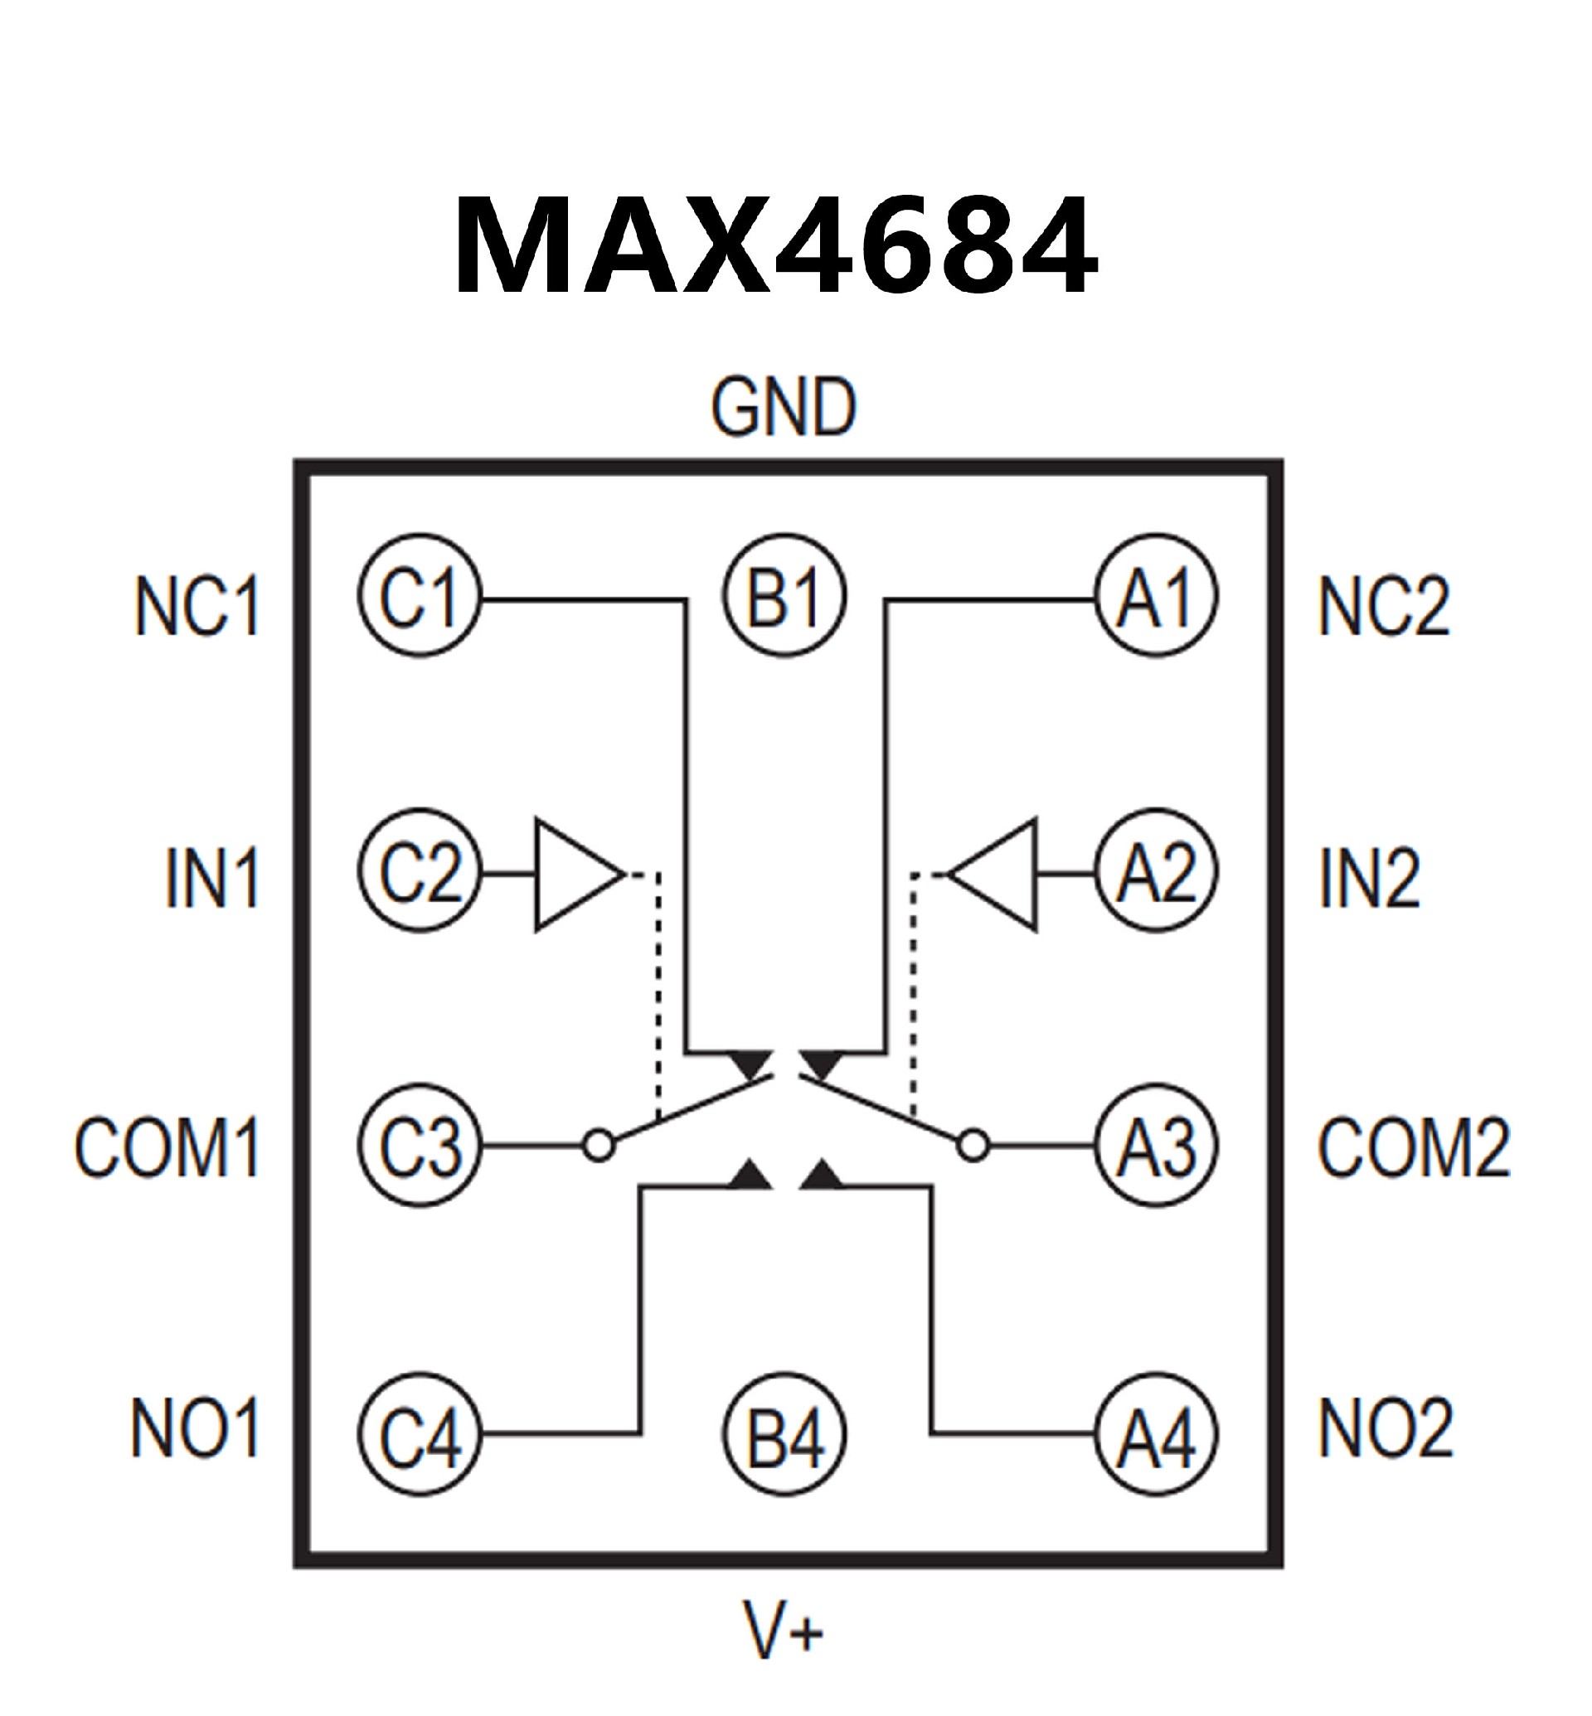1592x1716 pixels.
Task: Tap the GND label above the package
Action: click(x=783, y=408)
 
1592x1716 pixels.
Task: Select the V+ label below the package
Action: click(x=783, y=1630)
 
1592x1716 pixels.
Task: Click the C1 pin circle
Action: click(x=420, y=596)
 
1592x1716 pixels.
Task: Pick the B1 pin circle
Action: click(x=784, y=596)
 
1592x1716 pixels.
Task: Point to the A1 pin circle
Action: click(x=1156, y=596)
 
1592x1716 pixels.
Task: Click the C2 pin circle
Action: click(x=420, y=871)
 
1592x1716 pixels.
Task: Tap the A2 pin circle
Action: click(x=1156, y=871)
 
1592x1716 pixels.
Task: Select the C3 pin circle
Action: click(x=420, y=1145)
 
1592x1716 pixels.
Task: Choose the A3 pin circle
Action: click(x=1156, y=1145)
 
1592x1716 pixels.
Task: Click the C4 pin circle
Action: click(x=420, y=1434)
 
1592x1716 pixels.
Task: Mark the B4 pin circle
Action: click(x=784, y=1434)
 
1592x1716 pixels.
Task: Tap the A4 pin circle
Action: click(x=1156, y=1434)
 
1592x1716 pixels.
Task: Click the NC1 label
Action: click(x=197, y=607)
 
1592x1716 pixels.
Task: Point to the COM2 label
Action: click(x=1413, y=1146)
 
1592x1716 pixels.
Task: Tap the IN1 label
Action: click(x=212, y=879)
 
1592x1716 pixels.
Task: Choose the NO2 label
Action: click(x=1386, y=1428)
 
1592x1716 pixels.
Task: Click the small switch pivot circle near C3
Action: click(x=599, y=1146)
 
